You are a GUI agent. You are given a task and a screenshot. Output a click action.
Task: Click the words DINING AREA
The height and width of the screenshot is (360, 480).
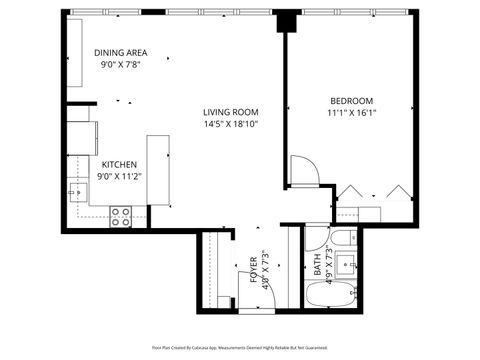pyautogui.click(x=120, y=53)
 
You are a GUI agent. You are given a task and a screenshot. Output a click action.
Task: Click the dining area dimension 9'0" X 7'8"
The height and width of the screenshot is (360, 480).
pyautogui.click(x=120, y=65)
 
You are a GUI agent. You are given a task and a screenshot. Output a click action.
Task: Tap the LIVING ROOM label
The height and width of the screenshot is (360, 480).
pyautogui.click(x=231, y=112)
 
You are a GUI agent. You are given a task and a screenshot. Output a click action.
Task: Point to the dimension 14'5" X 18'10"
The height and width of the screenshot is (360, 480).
pyautogui.click(x=231, y=125)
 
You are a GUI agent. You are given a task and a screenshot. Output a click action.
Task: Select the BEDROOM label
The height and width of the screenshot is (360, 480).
pyautogui.click(x=352, y=101)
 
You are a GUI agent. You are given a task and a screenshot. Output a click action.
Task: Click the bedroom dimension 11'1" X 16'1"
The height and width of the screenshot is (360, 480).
pyautogui.click(x=352, y=114)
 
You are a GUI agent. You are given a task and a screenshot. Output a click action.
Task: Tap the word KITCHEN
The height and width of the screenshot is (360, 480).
pyautogui.click(x=119, y=164)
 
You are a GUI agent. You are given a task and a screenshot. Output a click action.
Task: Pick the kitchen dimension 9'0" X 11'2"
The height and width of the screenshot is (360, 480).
pyautogui.click(x=119, y=177)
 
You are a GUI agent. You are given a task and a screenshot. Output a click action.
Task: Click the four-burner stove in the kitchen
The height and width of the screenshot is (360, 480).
pyautogui.click(x=121, y=216)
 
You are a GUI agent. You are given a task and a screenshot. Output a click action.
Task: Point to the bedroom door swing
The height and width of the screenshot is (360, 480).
pyautogui.click(x=303, y=171)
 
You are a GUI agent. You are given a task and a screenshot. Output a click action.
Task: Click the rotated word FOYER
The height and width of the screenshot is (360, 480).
pyautogui.click(x=253, y=272)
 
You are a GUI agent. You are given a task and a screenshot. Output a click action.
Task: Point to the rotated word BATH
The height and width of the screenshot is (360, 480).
pyautogui.click(x=318, y=266)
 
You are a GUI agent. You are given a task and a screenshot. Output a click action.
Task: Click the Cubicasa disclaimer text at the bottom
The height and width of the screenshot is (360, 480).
pyautogui.click(x=239, y=346)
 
